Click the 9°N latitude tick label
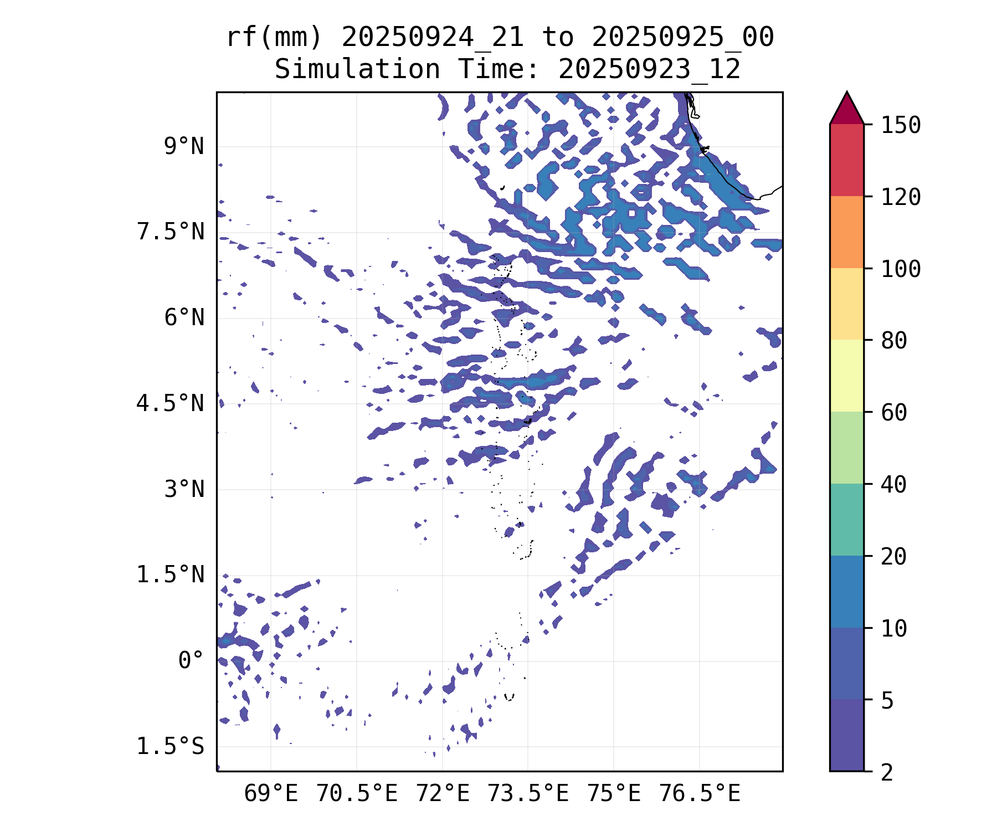pyautogui.click(x=183, y=147)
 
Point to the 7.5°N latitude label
pyautogui.click(x=171, y=232)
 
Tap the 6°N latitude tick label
pyautogui.click(x=183, y=318)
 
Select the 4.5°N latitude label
pyautogui.click(x=171, y=404)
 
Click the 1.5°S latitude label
pyautogui.click(x=171, y=747)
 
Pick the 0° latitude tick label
pyautogui.click(x=191, y=661)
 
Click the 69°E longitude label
pyautogui.click(x=271, y=794)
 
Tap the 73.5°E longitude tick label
pyautogui.click(x=528, y=794)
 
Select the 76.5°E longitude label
pyautogui.click(x=700, y=794)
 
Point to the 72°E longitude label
pyautogui.click(x=443, y=794)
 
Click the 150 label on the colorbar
pyautogui.click(x=901, y=125)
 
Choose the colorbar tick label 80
pyautogui.click(x=894, y=341)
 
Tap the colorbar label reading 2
pyautogui.click(x=887, y=772)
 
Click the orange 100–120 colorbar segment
pyautogui.click(x=846, y=232)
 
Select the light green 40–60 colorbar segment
pyautogui.click(x=846, y=448)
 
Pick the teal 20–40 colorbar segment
pyautogui.click(x=846, y=520)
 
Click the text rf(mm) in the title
pyautogui.click(x=274, y=38)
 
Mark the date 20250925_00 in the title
pyautogui.click(x=682, y=38)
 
